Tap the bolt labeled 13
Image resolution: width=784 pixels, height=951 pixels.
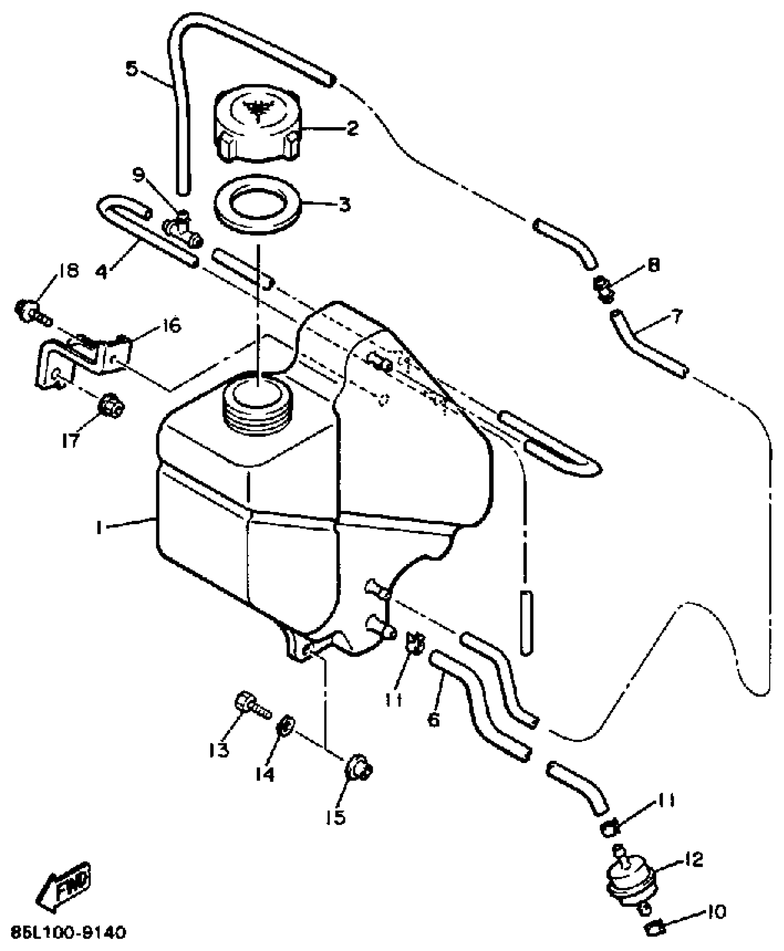click(252, 718)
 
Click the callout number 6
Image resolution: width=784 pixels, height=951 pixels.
click(434, 720)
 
